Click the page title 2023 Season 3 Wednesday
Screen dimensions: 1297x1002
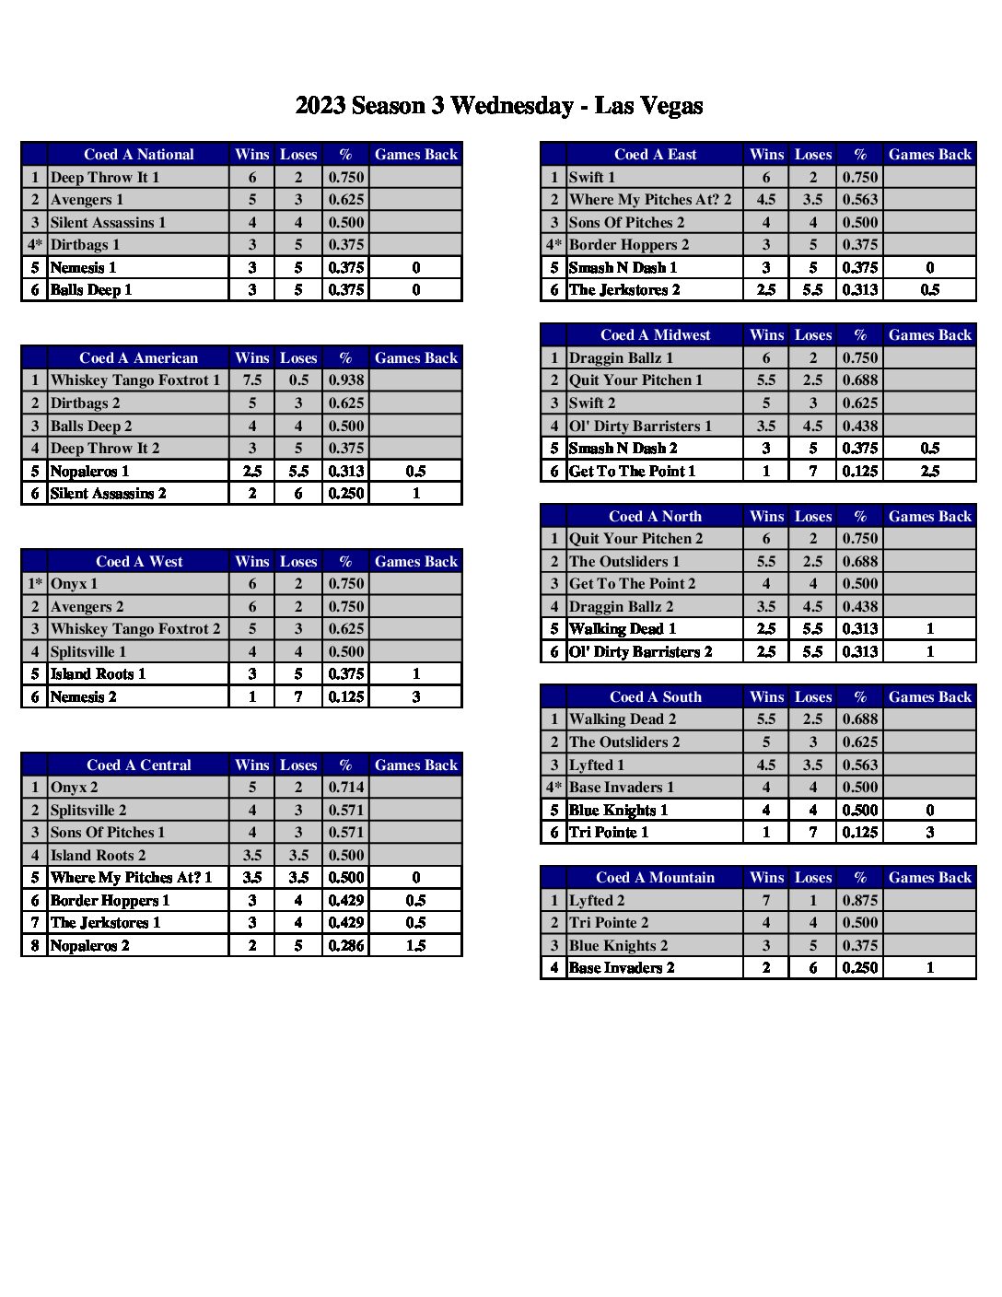(x=498, y=106)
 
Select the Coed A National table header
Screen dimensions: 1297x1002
(x=138, y=155)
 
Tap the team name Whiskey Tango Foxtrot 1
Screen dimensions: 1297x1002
(x=135, y=380)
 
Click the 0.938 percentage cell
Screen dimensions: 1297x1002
(x=345, y=380)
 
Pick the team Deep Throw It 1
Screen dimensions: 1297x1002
(x=105, y=177)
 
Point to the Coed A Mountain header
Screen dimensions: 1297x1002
(x=655, y=878)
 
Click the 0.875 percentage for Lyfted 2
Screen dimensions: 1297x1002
(x=859, y=900)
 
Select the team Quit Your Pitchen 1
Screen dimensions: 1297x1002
(x=635, y=380)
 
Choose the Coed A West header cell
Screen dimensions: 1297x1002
(x=139, y=562)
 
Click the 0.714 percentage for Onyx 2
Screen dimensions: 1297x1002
(x=345, y=788)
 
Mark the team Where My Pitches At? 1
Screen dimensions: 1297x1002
(x=131, y=878)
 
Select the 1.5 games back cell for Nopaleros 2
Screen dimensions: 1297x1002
(x=415, y=945)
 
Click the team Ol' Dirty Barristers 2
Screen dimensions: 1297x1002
(x=641, y=652)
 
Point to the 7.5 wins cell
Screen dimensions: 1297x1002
(x=252, y=380)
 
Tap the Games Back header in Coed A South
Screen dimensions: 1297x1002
(x=929, y=697)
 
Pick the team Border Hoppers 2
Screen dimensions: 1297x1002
(x=629, y=245)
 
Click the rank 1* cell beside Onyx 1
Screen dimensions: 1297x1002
(x=35, y=584)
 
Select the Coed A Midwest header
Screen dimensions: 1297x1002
(x=655, y=335)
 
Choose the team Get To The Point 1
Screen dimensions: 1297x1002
(x=632, y=472)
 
